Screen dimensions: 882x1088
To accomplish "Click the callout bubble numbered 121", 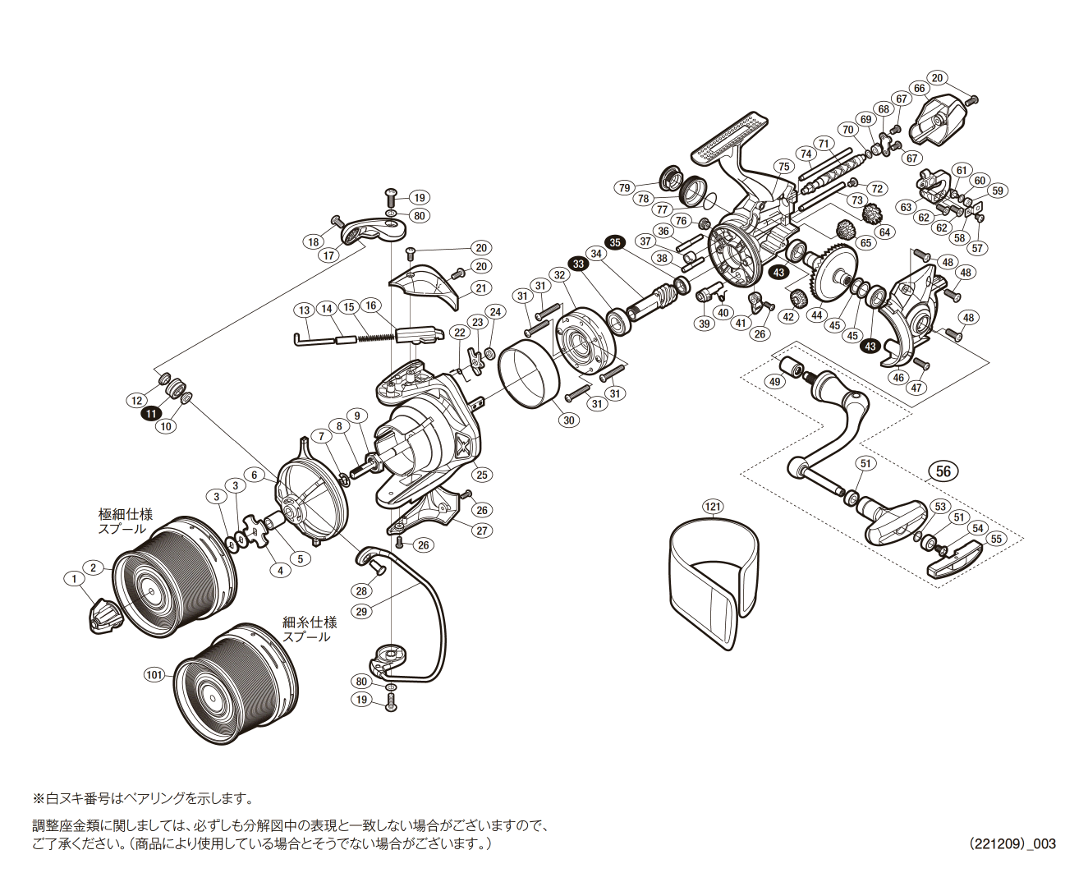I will (x=713, y=507).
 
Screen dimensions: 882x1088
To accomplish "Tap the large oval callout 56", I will (x=943, y=471).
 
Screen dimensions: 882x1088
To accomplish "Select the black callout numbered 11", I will (x=152, y=414).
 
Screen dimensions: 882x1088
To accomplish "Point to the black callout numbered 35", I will (x=615, y=242).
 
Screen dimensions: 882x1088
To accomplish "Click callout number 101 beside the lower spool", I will (x=154, y=675).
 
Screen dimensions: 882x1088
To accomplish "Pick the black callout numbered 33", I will (x=579, y=264).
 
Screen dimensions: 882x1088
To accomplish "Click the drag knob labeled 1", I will (x=103, y=616).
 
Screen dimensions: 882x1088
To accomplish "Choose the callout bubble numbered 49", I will (x=774, y=382).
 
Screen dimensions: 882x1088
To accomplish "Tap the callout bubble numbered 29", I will (x=361, y=611).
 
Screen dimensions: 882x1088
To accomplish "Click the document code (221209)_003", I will (x=1012, y=843).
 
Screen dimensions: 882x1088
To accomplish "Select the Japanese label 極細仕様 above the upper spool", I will (x=126, y=514).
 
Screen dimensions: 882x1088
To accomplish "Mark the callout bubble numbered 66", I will (x=919, y=89).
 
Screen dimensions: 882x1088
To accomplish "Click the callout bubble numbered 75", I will (x=784, y=167).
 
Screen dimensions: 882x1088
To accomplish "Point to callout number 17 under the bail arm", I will (x=329, y=255).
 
